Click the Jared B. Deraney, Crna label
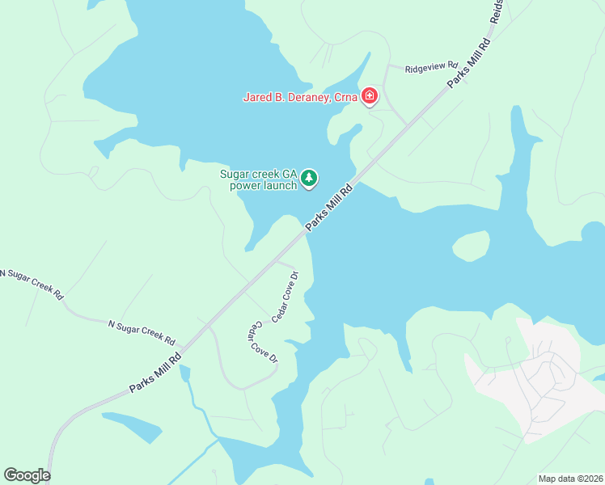(301, 98)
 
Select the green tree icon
(308, 178)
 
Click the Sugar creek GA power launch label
(259, 179)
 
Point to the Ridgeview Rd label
(431, 68)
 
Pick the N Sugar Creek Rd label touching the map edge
(31, 285)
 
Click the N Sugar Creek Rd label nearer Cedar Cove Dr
(142, 328)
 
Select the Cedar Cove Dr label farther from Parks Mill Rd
(262, 344)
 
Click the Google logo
(27, 475)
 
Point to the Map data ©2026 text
(570, 479)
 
